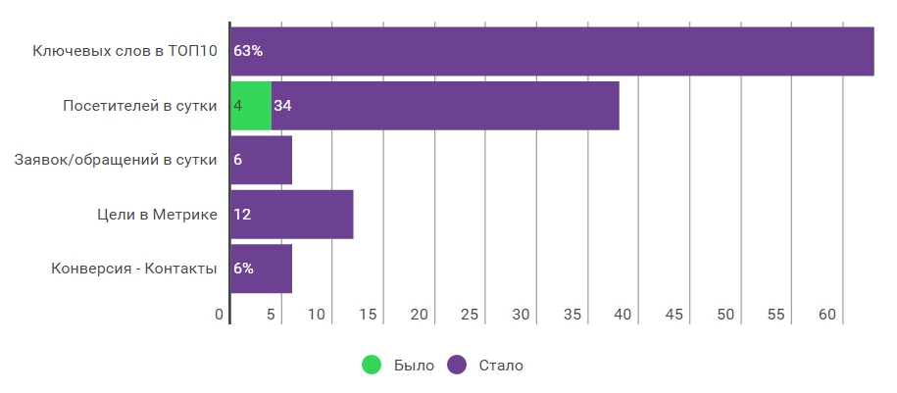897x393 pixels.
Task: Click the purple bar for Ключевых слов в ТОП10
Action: point(552,51)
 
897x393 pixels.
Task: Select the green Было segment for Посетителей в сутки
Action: point(251,106)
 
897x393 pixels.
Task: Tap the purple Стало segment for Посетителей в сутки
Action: point(445,106)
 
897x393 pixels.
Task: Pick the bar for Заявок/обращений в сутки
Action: point(261,160)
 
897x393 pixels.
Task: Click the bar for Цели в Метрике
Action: point(292,215)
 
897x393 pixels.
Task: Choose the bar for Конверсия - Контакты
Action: point(261,269)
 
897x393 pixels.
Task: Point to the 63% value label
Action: point(248,51)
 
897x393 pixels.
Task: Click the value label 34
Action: point(282,106)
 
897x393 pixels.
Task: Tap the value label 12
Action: point(242,215)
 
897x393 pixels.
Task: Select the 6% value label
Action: point(243,269)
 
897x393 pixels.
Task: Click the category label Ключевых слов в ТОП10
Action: point(125,51)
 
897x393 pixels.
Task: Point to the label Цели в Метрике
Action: point(157,215)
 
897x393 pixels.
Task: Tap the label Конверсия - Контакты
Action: point(134,269)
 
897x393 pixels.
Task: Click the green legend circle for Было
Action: point(372,365)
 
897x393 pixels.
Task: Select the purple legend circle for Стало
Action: point(457,365)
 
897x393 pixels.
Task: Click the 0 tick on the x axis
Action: point(220,315)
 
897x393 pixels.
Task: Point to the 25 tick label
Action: point(470,315)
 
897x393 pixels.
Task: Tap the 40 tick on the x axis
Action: point(623,315)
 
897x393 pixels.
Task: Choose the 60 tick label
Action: point(827,315)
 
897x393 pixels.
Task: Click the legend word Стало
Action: point(501,366)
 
